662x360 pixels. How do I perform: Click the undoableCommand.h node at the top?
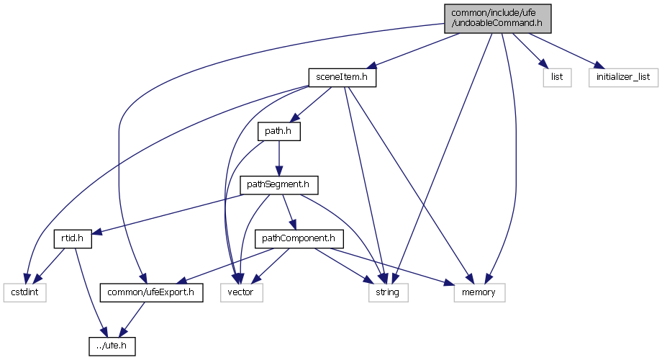click(496, 18)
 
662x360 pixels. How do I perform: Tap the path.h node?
click(278, 132)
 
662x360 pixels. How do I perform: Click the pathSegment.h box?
click(278, 185)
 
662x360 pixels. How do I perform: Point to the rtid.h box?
click(71, 238)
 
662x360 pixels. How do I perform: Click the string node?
click(389, 292)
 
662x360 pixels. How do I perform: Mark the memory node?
click(480, 292)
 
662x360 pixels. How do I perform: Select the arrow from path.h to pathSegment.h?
click(278, 158)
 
